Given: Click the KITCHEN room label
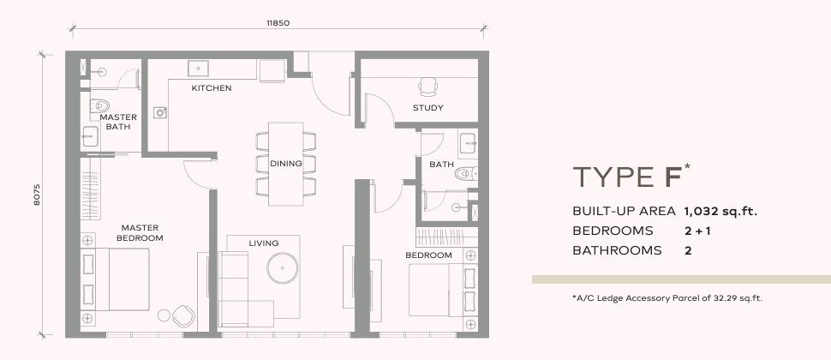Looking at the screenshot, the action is (x=212, y=88).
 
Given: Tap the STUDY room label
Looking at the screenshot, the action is (x=428, y=108).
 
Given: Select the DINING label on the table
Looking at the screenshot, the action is (x=286, y=164).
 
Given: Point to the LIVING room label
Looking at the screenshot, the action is (x=264, y=243).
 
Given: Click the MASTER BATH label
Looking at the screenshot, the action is (x=118, y=122).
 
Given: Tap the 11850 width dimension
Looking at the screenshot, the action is (x=278, y=23).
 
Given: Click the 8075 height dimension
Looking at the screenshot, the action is (x=37, y=195).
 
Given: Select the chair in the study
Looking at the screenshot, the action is (x=428, y=87).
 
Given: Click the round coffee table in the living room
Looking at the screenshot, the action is (x=282, y=268).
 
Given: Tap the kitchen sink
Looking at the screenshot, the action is (x=198, y=68).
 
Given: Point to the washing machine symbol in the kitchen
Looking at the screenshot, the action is (x=160, y=112).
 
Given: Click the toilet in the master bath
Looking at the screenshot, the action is (x=99, y=105).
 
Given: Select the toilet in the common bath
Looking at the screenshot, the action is (x=466, y=173).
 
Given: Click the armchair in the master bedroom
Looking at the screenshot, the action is (x=183, y=316).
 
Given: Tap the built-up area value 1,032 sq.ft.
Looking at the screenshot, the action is (x=720, y=212).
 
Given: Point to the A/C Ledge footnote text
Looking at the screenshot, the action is (x=667, y=298).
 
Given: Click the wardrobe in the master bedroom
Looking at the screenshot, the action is (x=90, y=189).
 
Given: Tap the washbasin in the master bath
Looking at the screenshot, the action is (x=90, y=137).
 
